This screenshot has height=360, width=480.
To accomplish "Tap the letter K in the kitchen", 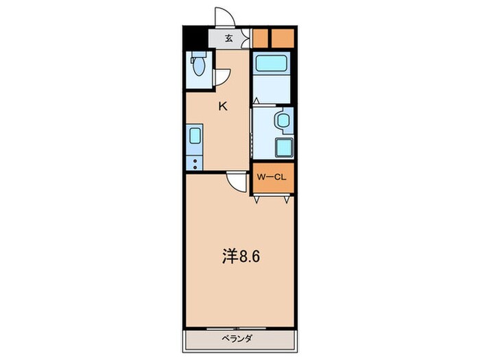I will pos(223,106).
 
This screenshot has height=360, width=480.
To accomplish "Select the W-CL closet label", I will pos(272,177).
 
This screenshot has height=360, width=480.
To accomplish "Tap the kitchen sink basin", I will pos(194,134).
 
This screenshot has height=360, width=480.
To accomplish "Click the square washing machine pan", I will pos(282,147).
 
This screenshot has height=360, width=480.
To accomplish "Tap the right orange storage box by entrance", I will pos(283,37).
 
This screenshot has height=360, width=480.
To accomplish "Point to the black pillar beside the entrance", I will pos(195,37).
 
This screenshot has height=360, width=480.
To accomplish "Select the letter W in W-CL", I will pos(261,177).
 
